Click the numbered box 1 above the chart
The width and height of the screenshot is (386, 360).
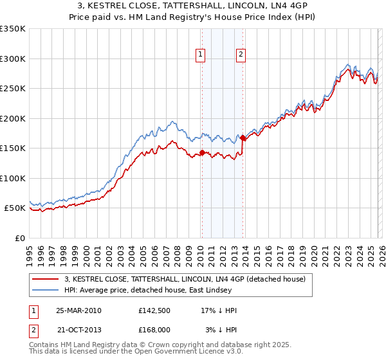click(201, 55)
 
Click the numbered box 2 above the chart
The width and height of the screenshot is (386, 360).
click(241, 55)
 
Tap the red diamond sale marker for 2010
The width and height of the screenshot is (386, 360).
click(202, 152)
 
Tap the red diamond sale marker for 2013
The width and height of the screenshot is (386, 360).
click(243, 138)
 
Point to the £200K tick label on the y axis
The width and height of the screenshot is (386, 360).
click(12, 118)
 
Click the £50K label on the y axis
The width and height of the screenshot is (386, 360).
click(15, 208)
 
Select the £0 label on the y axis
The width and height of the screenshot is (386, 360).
click(20, 238)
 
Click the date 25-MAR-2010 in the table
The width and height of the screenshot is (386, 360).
click(78, 310)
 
